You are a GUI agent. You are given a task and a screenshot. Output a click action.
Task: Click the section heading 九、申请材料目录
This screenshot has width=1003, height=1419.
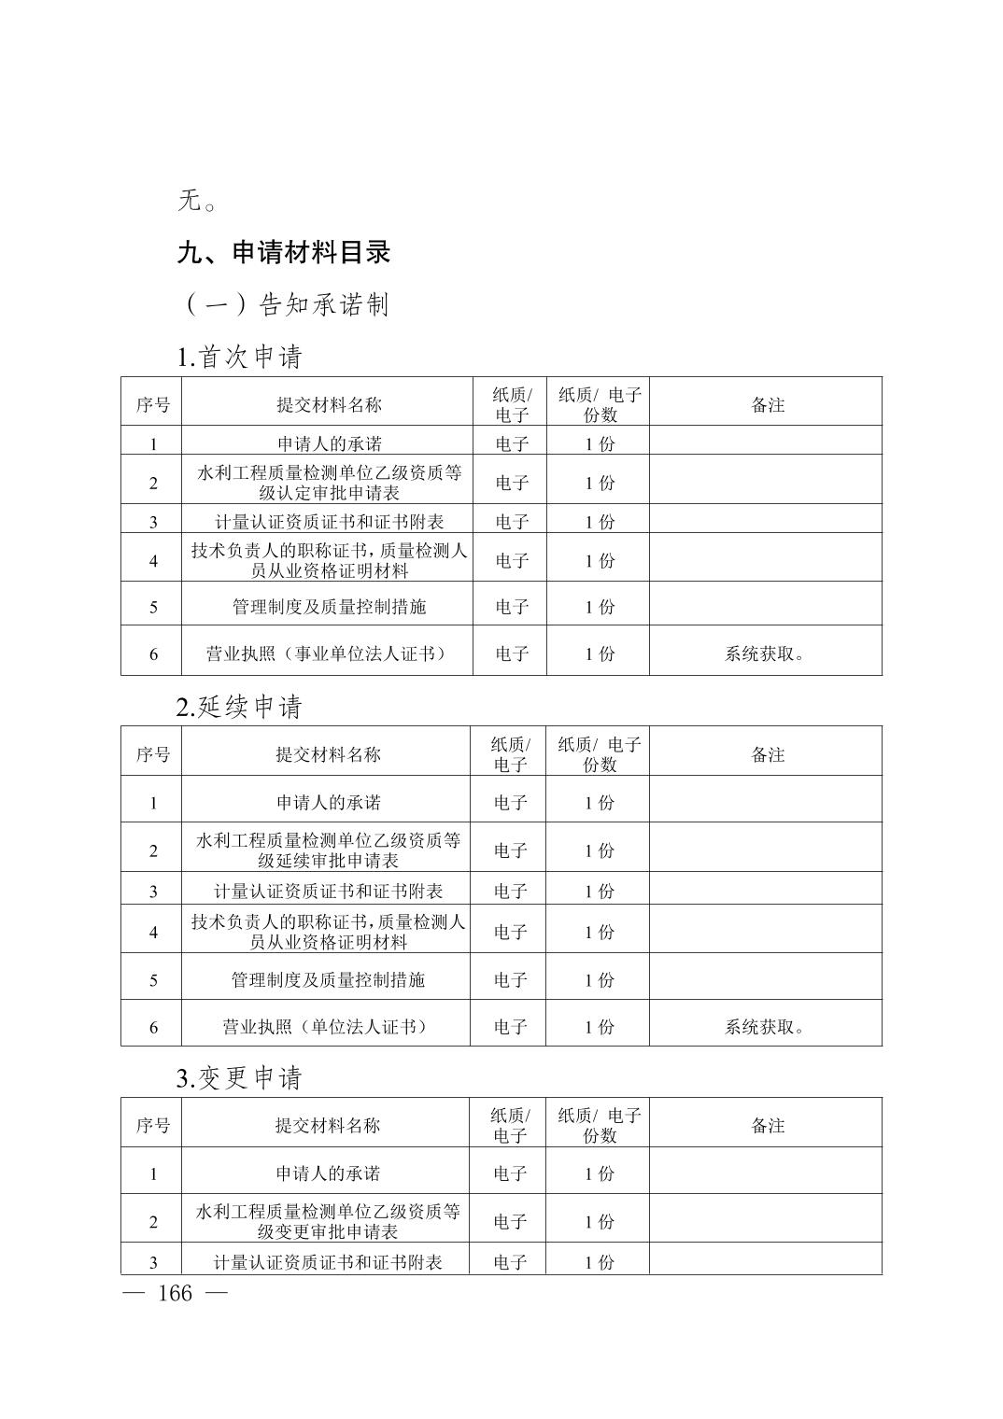coord(284,252)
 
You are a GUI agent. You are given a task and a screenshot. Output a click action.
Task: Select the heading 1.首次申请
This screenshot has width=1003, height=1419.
coord(240,357)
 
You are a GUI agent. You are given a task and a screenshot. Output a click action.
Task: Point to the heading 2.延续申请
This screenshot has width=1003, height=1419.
coord(240,707)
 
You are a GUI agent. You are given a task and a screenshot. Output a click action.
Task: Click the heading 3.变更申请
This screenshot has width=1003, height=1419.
coord(240,1078)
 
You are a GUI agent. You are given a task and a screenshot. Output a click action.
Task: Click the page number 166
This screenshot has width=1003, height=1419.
coord(175,1293)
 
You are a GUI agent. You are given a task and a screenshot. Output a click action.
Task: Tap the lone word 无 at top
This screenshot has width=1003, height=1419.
coord(191,200)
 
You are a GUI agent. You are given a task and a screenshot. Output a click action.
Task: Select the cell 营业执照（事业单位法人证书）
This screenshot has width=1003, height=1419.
coord(327,653)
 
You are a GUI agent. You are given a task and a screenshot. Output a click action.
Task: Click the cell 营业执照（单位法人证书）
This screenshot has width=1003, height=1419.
coord(325,1027)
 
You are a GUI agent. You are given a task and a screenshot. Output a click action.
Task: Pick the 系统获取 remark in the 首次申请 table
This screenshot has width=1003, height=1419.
coord(765,653)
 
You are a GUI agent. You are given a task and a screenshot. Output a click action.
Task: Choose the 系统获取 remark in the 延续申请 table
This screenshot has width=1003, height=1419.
coord(765,1027)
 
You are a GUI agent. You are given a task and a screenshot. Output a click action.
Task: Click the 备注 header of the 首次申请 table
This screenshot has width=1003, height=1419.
coord(768,405)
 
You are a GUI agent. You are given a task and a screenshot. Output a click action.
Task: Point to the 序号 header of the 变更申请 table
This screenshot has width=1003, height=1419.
coord(153,1126)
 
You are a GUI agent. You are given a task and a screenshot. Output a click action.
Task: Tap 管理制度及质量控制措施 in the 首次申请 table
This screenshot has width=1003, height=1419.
coord(329,607)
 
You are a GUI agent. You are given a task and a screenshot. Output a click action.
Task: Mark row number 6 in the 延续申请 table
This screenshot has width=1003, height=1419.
coord(153,1027)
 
